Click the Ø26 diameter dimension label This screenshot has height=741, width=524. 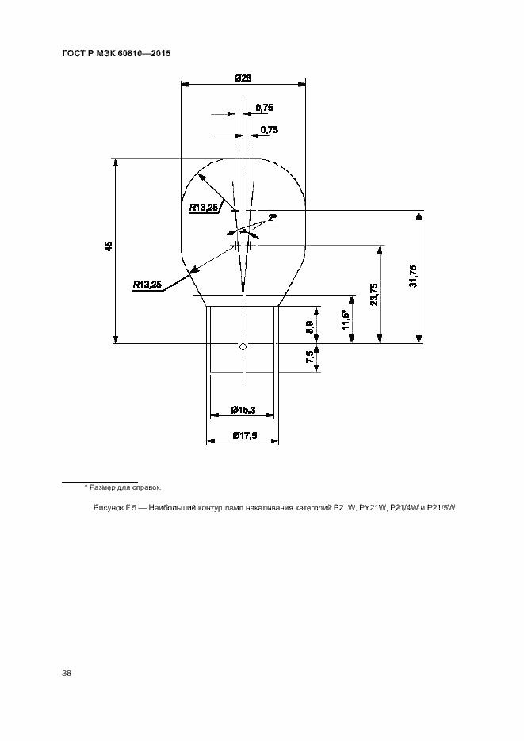243,78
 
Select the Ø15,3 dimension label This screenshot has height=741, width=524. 243,411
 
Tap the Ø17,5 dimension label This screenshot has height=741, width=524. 245,436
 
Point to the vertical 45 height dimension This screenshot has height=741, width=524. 109,246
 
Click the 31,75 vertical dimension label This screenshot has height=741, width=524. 414,277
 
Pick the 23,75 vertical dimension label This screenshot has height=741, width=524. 373,294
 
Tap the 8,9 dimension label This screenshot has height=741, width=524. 309,327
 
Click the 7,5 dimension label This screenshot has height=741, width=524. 309,357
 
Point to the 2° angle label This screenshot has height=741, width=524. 272,218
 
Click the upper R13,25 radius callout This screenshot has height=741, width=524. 204,207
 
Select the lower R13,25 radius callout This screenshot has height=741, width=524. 147,285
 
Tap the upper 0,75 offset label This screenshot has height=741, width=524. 265,108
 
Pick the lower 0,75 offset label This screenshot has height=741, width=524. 270,129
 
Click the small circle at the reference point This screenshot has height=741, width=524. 243,347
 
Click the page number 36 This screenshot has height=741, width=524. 66,674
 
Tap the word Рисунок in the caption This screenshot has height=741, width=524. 108,508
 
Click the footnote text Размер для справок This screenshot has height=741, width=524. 125,487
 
